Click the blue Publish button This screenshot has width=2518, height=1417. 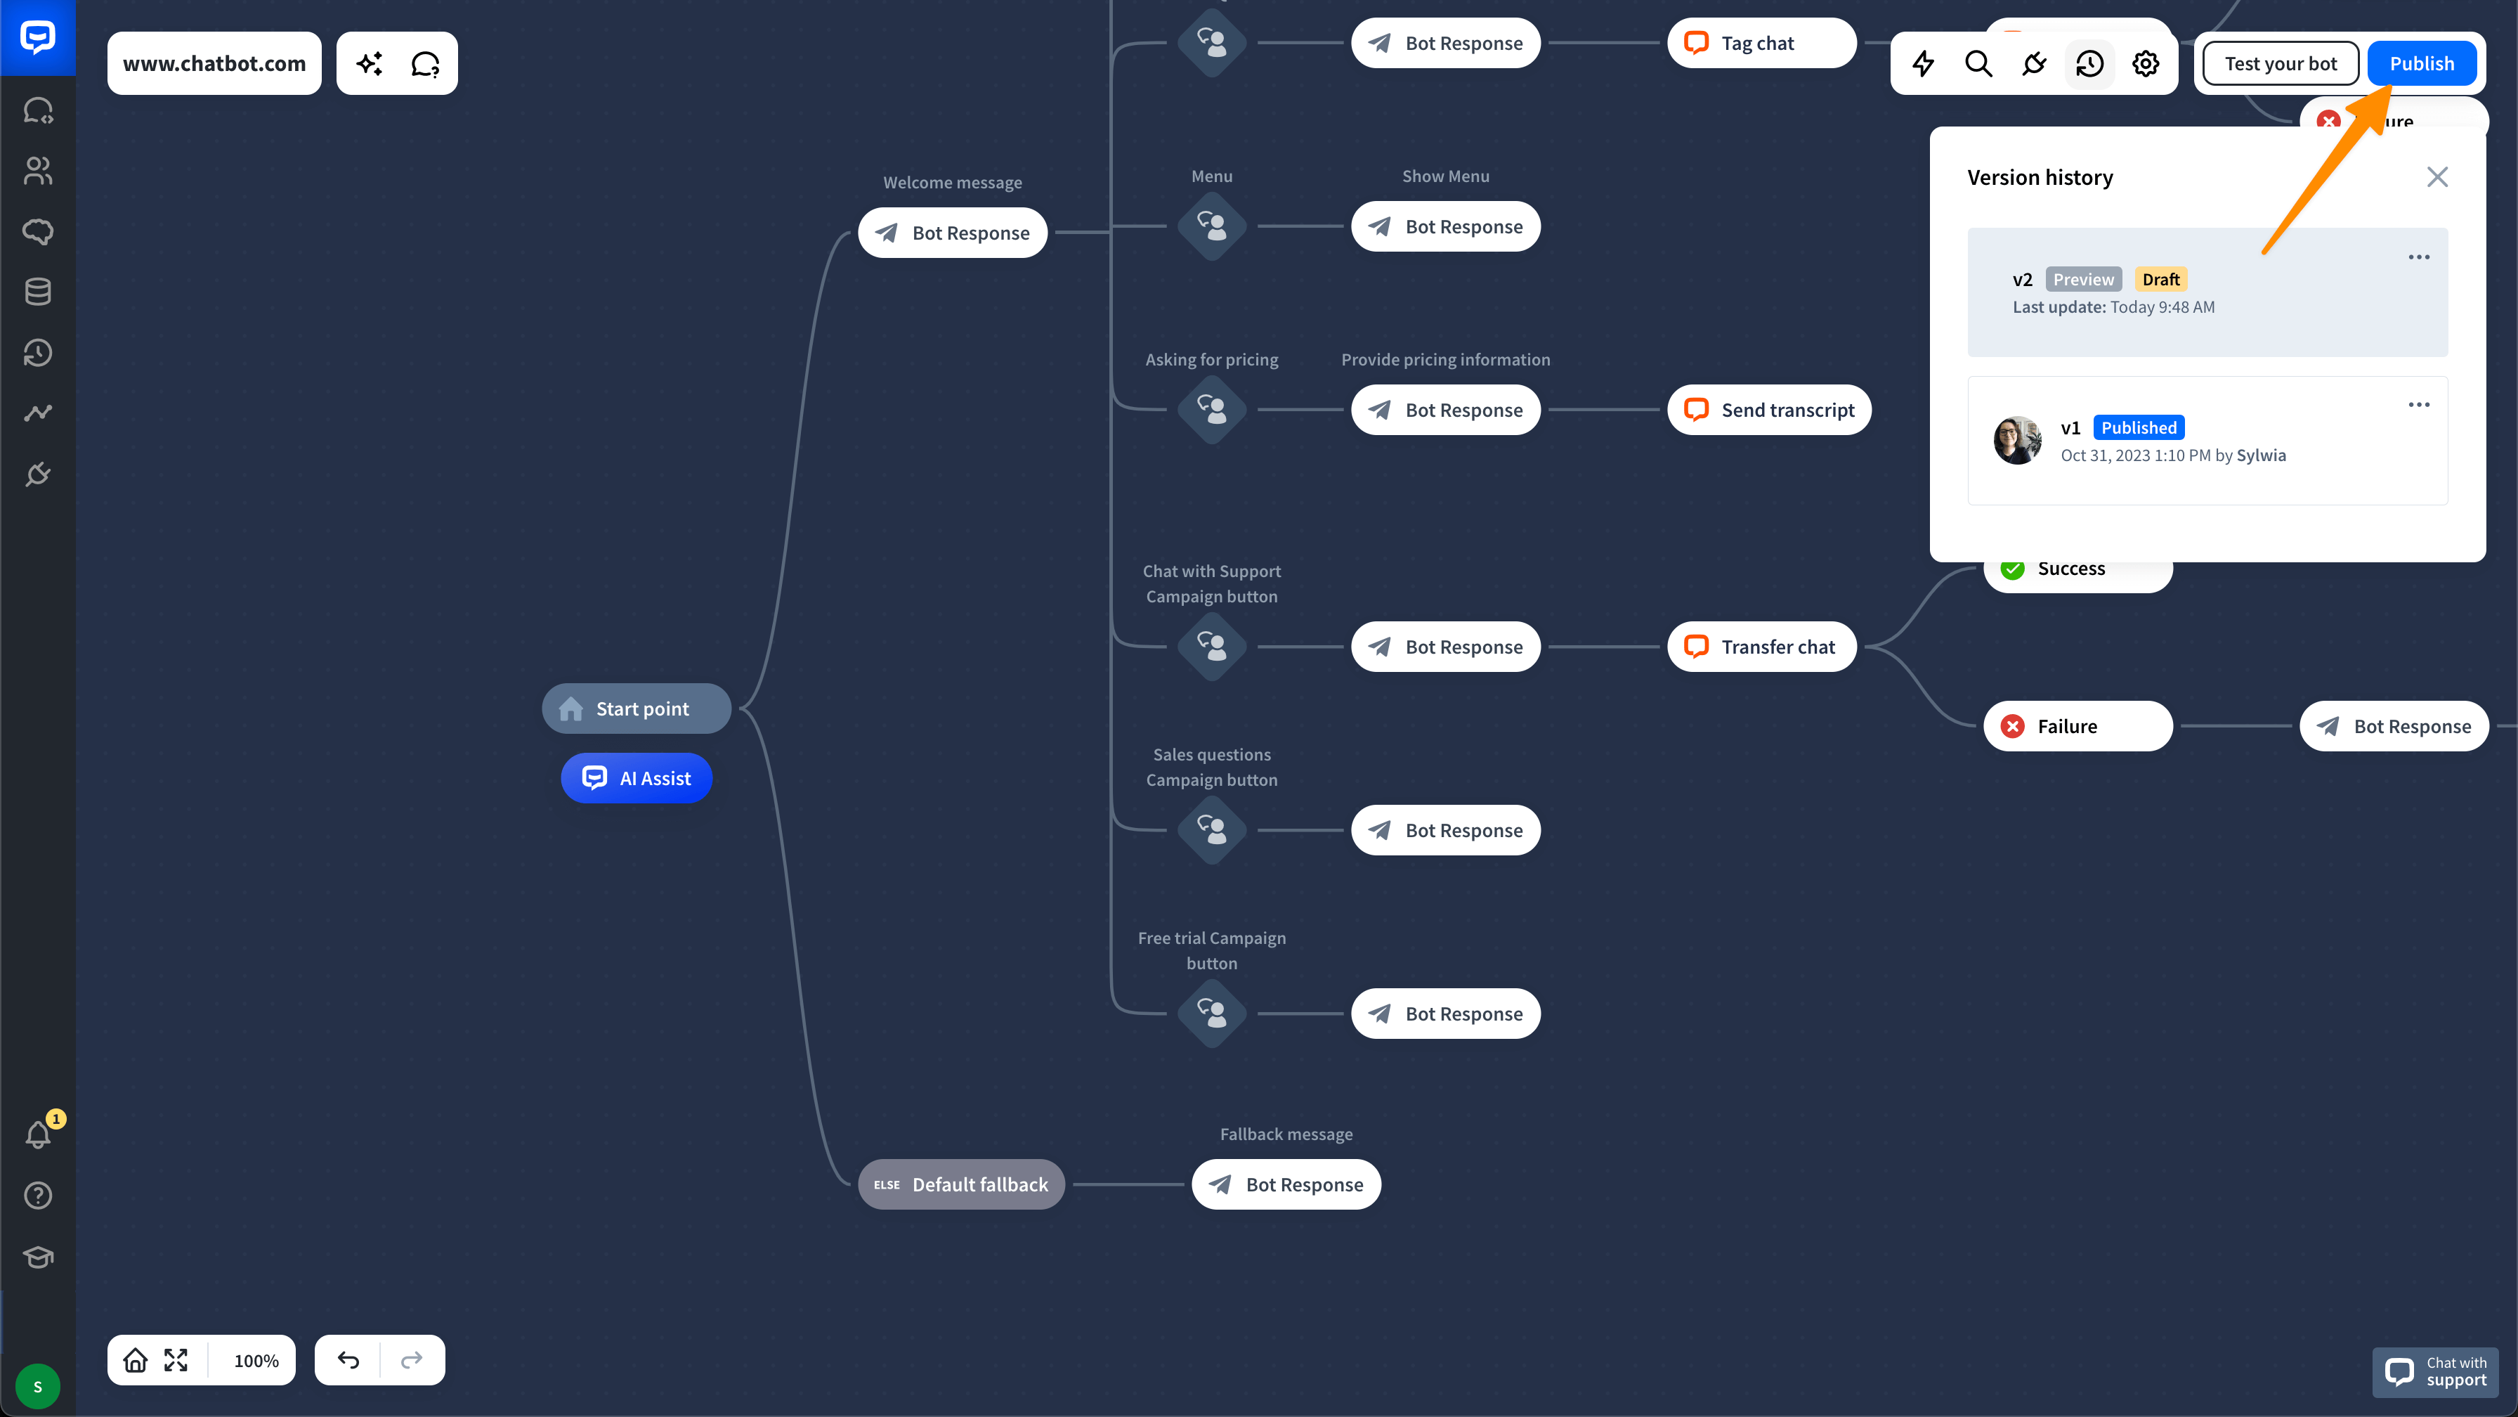point(2421,63)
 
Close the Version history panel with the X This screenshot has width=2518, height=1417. point(2437,177)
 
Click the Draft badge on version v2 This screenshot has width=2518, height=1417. point(2160,280)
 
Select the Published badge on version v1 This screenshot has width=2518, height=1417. point(2139,427)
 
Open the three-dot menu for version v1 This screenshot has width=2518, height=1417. point(2418,405)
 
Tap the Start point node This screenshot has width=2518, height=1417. point(637,709)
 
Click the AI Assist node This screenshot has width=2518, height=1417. point(637,778)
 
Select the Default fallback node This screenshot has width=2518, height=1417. point(961,1184)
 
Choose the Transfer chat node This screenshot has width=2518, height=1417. point(1761,647)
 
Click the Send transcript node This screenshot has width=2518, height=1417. point(1769,410)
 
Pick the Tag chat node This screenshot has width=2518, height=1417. point(1761,43)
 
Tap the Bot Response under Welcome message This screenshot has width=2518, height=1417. point(953,233)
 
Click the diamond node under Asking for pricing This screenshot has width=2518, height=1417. point(1212,410)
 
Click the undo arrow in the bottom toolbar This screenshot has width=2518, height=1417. point(348,1360)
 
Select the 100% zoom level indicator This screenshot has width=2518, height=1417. point(256,1360)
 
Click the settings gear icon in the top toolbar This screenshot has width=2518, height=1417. point(2146,63)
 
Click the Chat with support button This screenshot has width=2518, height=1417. point(2436,1372)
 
